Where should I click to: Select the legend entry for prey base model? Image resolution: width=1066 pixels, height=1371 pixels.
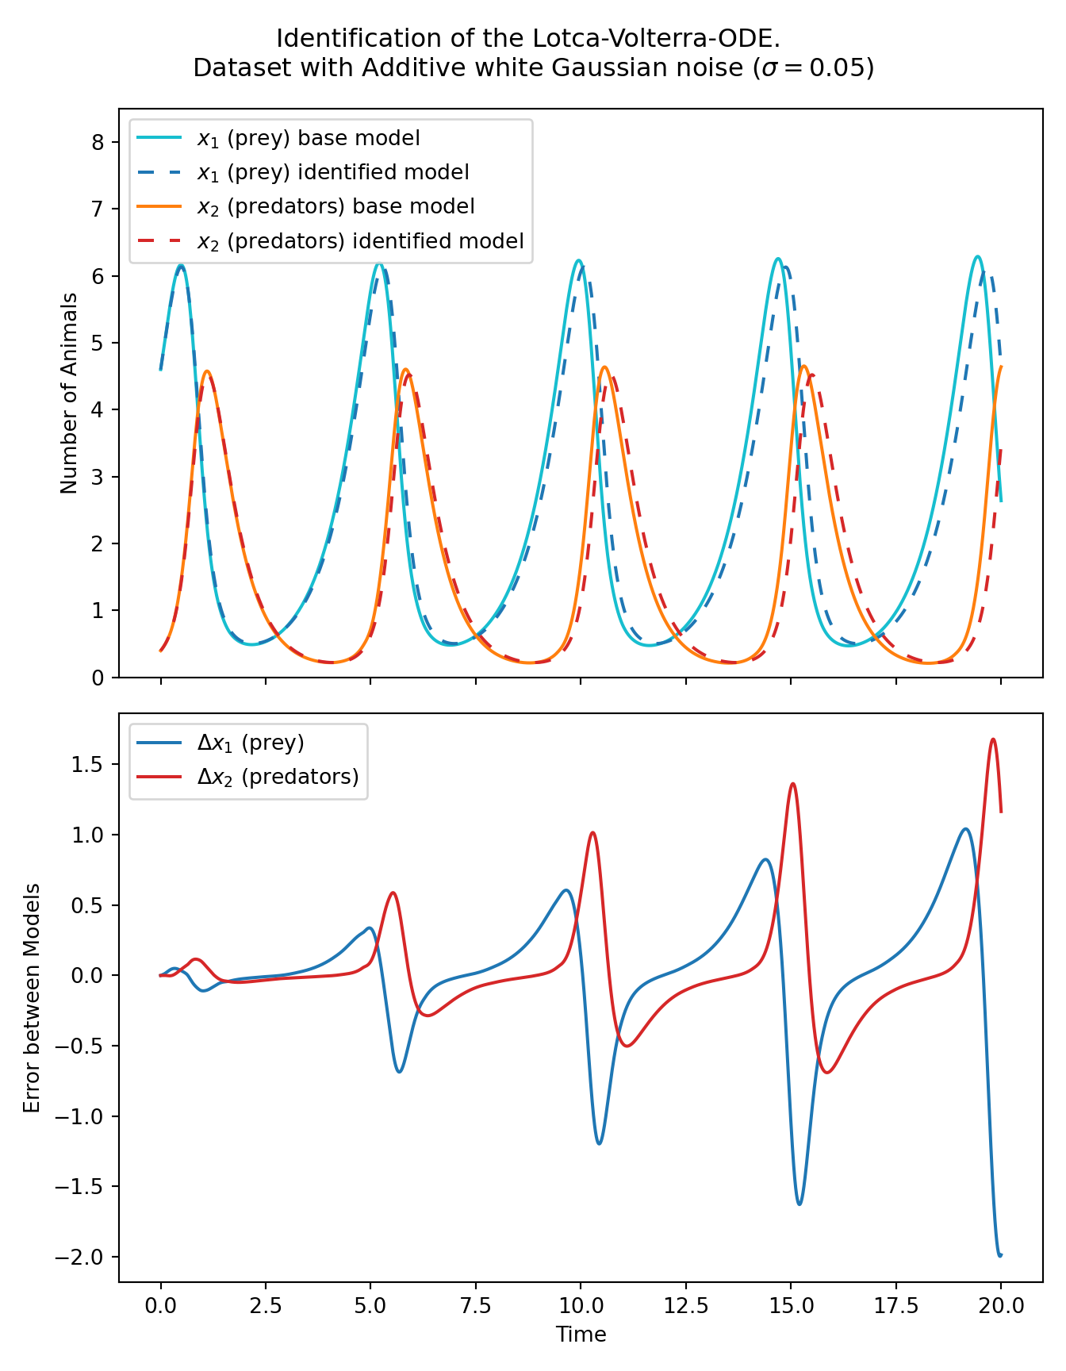tap(309, 139)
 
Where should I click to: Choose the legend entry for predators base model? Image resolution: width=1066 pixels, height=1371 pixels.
tap(335, 207)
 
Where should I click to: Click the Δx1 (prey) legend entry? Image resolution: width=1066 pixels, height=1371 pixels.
tap(251, 743)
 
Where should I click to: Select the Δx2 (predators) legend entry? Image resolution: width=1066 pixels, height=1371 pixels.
tap(278, 777)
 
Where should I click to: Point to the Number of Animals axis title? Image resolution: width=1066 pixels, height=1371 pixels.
tap(70, 394)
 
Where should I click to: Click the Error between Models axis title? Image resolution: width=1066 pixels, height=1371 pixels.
tap(32, 998)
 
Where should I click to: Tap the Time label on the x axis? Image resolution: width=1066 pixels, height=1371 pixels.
tap(581, 1335)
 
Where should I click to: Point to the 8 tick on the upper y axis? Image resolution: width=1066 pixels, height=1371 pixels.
tap(98, 143)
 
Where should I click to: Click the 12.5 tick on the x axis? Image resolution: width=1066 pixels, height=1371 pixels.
tap(685, 1306)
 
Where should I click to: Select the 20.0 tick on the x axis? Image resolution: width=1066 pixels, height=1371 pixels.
tap(1001, 1306)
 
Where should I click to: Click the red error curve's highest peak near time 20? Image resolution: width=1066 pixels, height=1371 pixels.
tap(992, 739)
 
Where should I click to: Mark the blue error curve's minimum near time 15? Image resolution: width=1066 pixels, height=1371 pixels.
tap(799, 1204)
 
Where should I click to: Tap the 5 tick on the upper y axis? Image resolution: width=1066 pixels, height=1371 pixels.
tap(98, 344)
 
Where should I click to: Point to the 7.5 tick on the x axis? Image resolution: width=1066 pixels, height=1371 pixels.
tap(475, 1306)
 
